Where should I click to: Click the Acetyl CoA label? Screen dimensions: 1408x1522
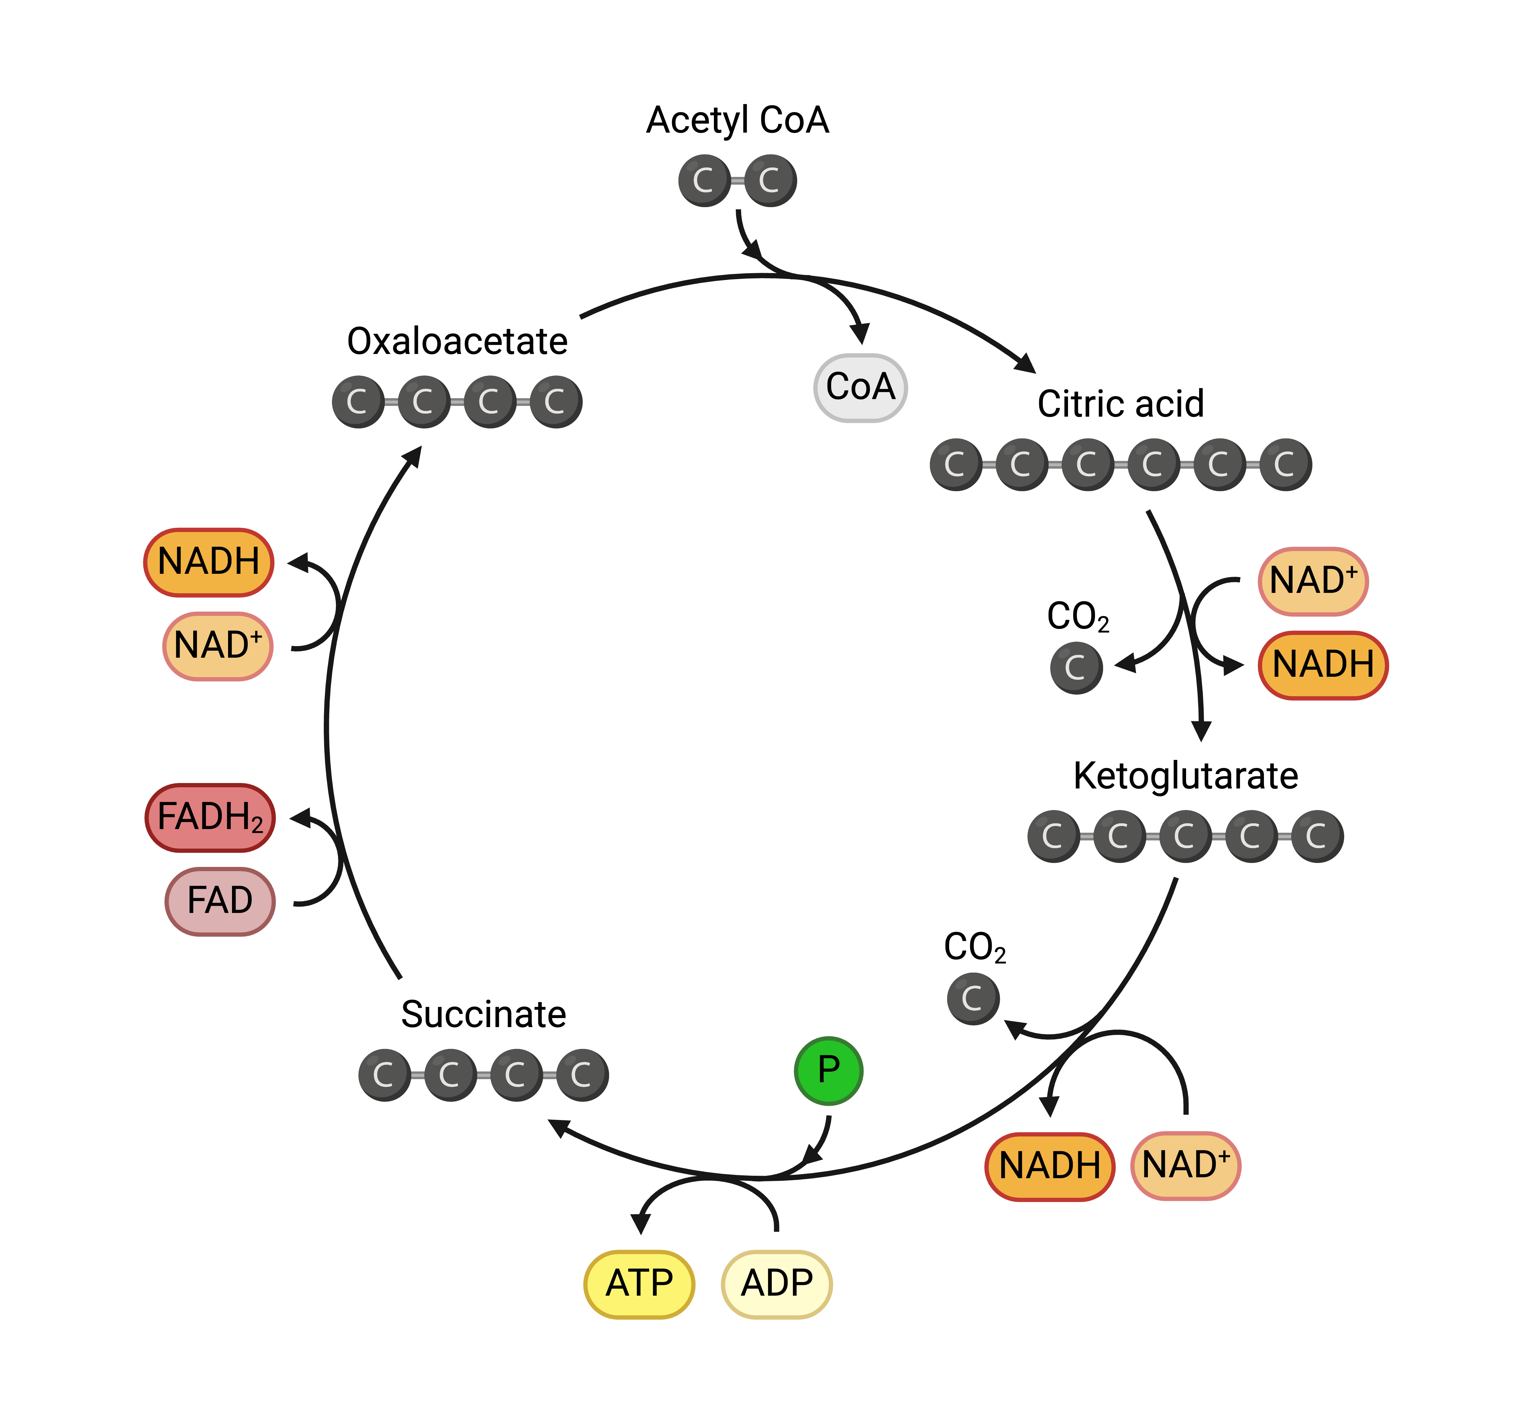click(x=737, y=121)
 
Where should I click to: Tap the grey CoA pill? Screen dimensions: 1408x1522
click(x=860, y=387)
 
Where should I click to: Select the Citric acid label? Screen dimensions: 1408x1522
click(x=1120, y=404)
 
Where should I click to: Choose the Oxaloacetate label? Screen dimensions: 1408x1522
click(x=457, y=341)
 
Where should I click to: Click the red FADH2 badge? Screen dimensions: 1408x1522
click(x=210, y=818)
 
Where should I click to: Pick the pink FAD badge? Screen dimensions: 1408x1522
click(x=220, y=901)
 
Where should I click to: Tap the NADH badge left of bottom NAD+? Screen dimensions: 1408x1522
click(x=1049, y=1166)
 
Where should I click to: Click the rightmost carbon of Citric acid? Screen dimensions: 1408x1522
click(x=1286, y=464)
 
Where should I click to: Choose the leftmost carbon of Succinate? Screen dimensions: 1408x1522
click(x=384, y=1075)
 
